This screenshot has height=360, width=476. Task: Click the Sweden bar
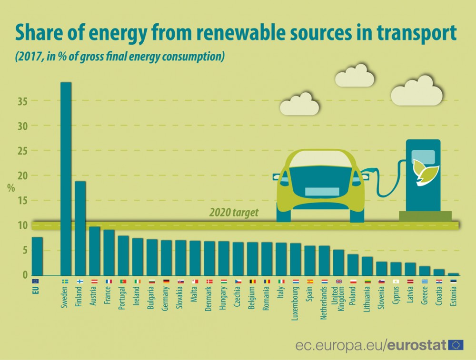(66, 178)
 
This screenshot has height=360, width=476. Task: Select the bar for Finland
(80, 228)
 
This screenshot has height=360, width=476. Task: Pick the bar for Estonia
(454, 274)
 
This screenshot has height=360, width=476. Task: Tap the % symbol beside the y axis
(10, 187)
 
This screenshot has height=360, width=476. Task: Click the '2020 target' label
(234, 213)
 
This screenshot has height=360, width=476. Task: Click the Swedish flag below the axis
(66, 281)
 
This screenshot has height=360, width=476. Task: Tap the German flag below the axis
(166, 281)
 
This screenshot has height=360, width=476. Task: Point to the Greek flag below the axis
(425, 281)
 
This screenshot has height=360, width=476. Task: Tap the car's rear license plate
(322, 192)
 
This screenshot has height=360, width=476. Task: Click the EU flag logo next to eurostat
(456, 345)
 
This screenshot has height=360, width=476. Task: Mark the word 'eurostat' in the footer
(417, 345)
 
